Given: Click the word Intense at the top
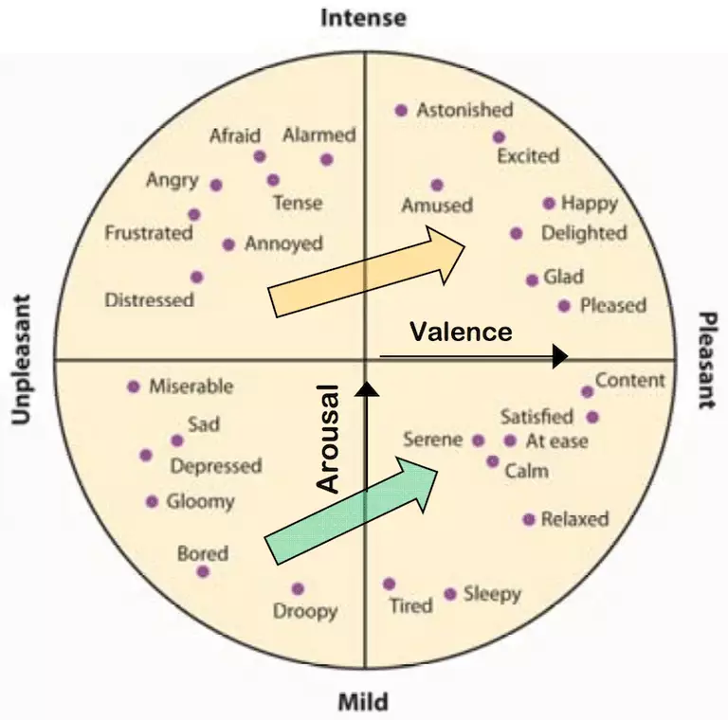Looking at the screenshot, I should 363,17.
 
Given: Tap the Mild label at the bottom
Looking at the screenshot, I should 363,703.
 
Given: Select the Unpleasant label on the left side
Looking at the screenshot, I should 21,360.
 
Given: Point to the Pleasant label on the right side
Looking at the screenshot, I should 706,360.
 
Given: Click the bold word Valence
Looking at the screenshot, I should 461,332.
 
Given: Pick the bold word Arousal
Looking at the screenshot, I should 328,438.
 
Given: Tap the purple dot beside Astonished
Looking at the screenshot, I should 401,111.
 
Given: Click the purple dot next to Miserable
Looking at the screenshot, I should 134,387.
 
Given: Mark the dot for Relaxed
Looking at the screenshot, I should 529,519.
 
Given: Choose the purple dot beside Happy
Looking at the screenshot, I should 549,203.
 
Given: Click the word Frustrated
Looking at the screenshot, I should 149,232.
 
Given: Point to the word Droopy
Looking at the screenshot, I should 305,611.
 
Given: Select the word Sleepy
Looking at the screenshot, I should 492,594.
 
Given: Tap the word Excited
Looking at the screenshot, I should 528,155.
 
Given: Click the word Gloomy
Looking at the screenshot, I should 200,501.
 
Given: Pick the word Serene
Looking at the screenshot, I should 432,440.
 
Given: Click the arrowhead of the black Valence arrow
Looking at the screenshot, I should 559,355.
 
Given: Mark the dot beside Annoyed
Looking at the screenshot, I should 228,244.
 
